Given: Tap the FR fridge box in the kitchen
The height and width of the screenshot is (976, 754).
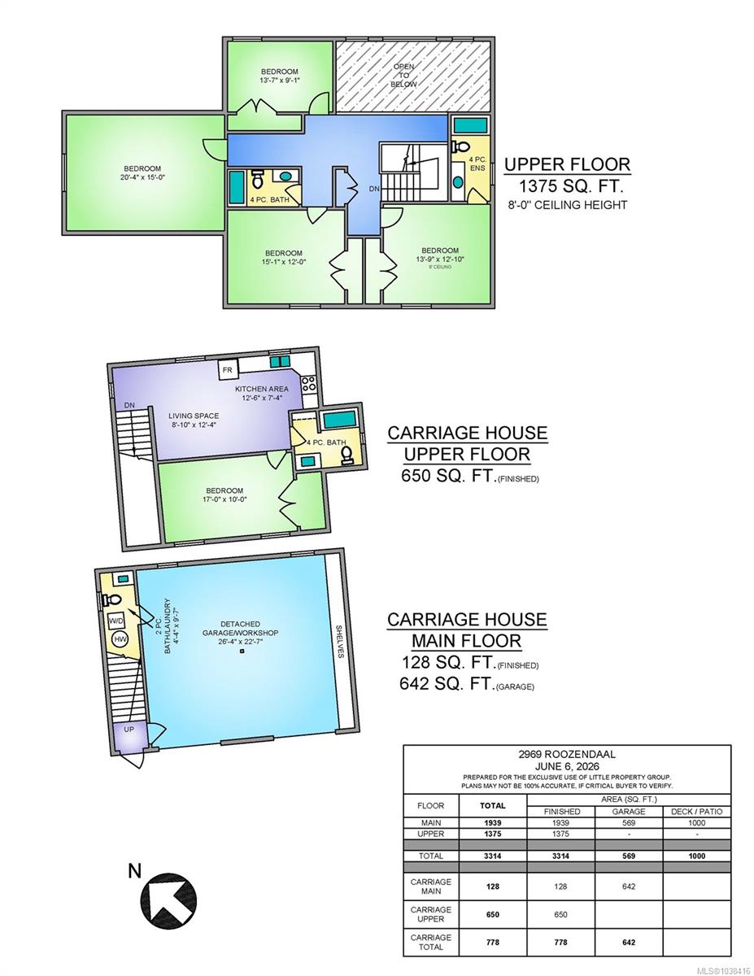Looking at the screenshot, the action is (228, 369).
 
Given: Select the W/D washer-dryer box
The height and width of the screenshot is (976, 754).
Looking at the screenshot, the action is (115, 621).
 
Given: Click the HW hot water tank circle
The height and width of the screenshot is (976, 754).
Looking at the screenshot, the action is (120, 639).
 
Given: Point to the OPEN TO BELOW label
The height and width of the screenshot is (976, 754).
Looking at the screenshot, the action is (403, 75).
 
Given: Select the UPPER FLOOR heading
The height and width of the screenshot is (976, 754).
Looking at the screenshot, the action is (567, 164).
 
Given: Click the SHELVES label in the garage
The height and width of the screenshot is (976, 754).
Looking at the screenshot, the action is (339, 642).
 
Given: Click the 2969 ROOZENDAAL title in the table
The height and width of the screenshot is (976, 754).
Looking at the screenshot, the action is (567, 754).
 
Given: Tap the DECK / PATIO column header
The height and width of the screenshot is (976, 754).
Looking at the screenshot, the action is (696, 811).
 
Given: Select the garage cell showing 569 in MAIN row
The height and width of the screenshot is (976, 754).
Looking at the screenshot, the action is (629, 823).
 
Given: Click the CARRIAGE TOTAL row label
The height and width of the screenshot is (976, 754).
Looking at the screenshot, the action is (430, 943).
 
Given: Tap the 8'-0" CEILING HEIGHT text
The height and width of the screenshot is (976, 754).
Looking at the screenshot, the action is (567, 205).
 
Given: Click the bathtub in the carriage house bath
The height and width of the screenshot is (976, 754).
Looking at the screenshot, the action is (340, 420).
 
